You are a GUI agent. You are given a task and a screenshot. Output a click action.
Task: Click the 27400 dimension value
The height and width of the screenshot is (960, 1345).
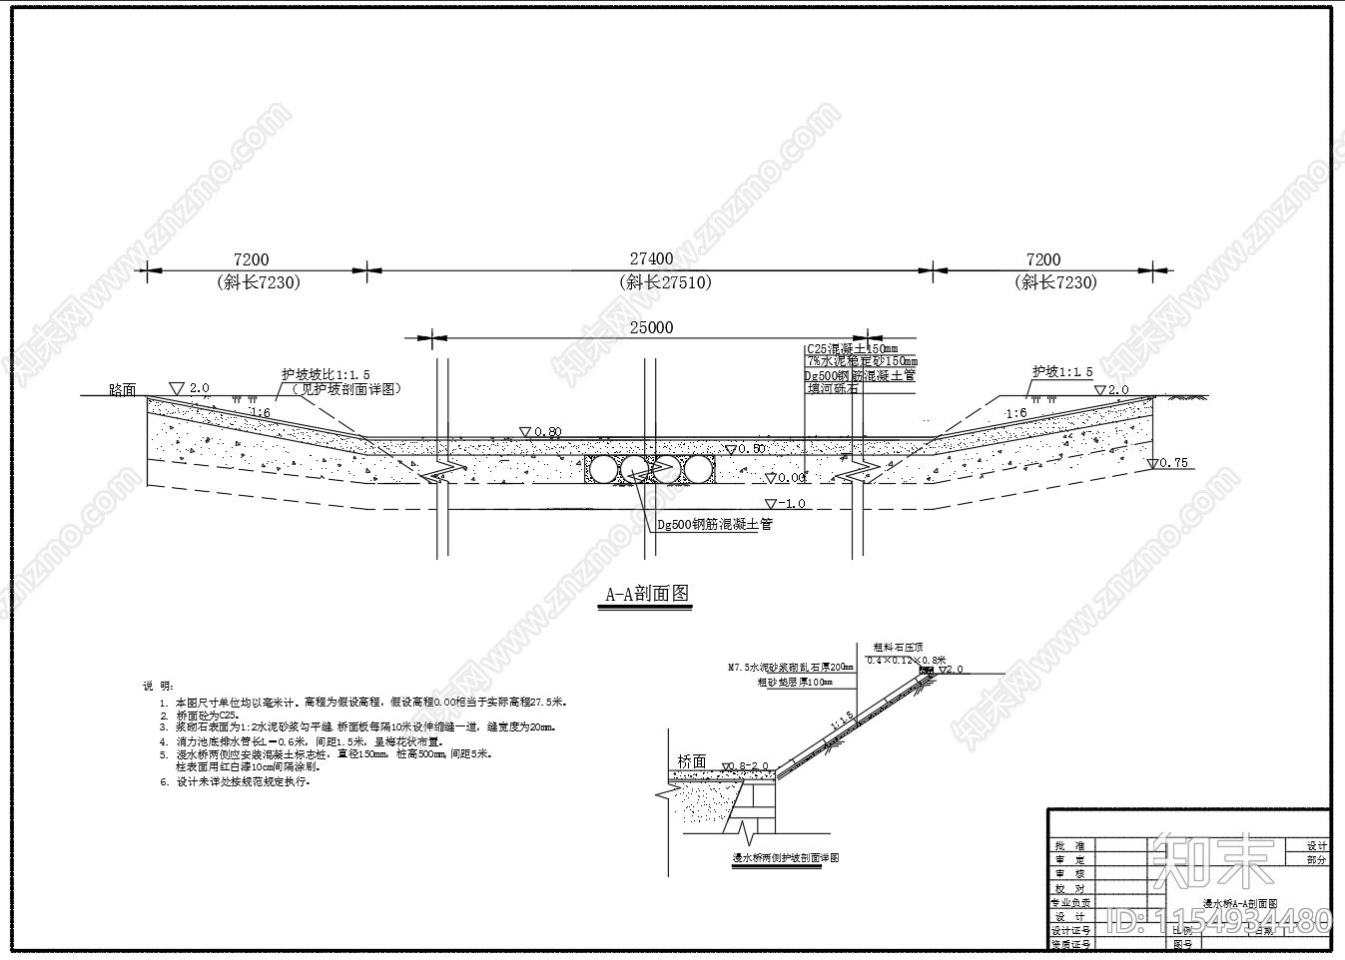[x=650, y=259]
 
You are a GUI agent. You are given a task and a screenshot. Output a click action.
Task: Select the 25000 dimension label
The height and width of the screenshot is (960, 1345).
[x=651, y=327]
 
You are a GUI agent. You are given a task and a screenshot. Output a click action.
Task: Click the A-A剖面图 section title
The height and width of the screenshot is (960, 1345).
[x=647, y=594]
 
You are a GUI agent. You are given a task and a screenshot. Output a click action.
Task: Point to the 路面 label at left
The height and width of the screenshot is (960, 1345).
[x=123, y=389]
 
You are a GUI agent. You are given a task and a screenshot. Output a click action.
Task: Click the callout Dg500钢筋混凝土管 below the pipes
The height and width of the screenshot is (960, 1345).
[x=714, y=524]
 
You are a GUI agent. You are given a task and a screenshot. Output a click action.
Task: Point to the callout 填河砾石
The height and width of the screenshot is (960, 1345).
[x=833, y=388]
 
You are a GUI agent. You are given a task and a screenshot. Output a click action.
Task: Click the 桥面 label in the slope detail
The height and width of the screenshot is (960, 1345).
[x=692, y=761]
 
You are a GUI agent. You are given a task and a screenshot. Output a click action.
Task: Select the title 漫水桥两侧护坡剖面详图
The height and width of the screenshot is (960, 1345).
[x=786, y=858]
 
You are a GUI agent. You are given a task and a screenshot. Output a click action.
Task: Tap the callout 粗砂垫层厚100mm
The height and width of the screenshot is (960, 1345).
[x=794, y=683]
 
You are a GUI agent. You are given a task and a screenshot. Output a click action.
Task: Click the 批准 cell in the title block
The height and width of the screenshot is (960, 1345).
[x=1069, y=845]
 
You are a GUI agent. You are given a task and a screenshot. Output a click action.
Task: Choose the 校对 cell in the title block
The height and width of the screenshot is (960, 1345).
[x=1069, y=888]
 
